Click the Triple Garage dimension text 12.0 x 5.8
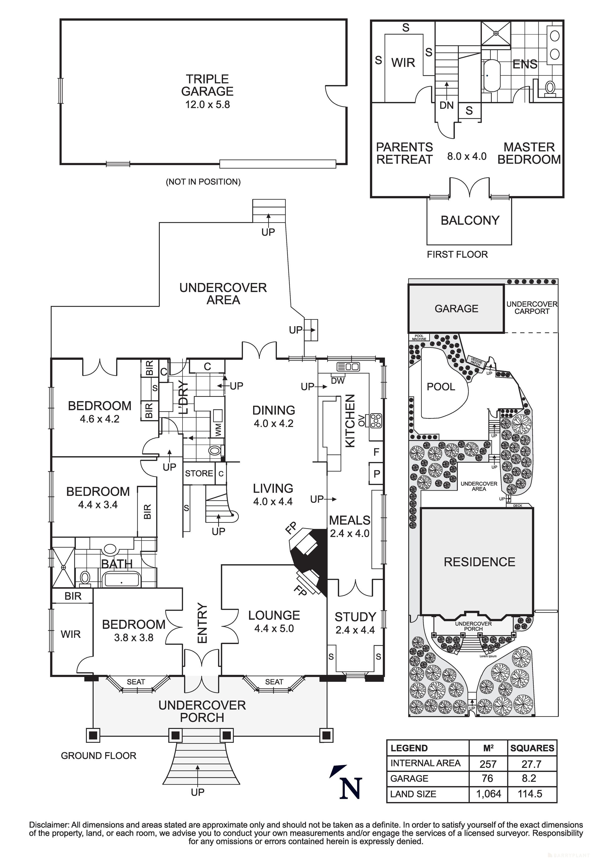point(207,104)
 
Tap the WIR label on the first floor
point(403,63)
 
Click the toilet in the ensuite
point(550,88)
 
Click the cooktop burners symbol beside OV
point(376,421)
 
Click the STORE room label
point(199,473)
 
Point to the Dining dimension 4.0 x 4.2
point(274,423)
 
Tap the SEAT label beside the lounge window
point(274,682)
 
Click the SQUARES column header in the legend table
point(532,748)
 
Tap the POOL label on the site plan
point(441,387)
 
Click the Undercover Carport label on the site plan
point(532,307)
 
